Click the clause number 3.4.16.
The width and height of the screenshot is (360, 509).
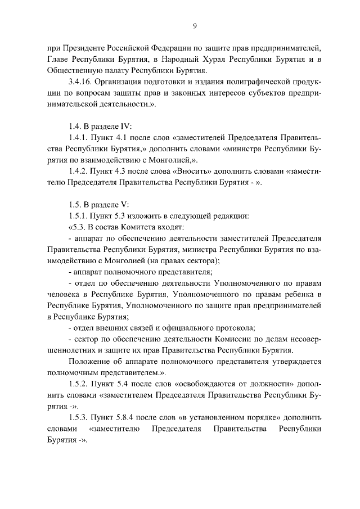point(80,82)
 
